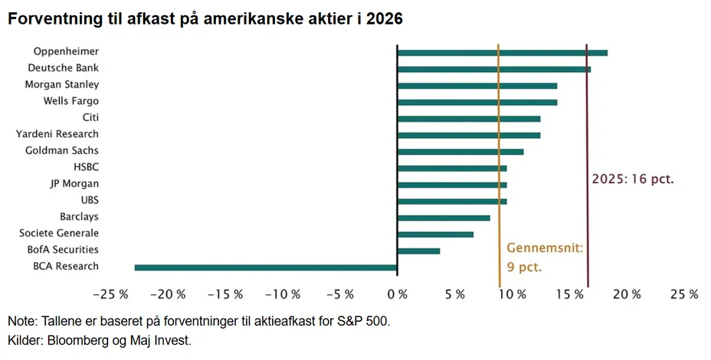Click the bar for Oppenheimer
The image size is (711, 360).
(502, 53)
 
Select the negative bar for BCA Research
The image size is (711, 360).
(266, 267)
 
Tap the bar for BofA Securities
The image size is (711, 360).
(418, 250)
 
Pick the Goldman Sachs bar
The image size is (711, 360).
(460, 152)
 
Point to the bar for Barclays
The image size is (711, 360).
(444, 218)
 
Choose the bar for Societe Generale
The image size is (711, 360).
(435, 234)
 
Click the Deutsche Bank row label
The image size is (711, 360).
(64, 68)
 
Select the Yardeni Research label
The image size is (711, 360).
(57, 134)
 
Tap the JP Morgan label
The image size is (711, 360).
(74, 184)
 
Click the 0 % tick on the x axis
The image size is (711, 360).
(397, 295)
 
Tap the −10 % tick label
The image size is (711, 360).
(282, 295)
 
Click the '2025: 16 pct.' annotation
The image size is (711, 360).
(633, 178)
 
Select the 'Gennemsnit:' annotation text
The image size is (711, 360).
(545, 248)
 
